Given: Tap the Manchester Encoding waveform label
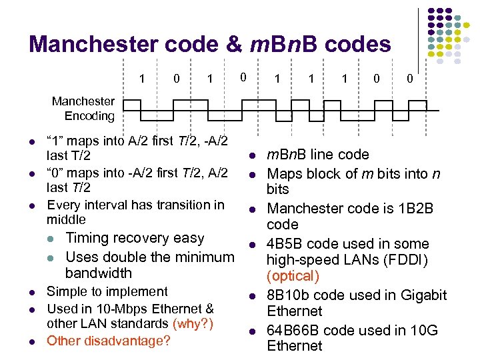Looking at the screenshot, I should [x=83, y=109].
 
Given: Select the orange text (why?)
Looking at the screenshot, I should [x=194, y=323].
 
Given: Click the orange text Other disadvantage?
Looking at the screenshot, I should [x=108, y=341].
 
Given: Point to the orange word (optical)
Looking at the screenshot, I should [x=293, y=275].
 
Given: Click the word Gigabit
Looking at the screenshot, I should [x=421, y=295].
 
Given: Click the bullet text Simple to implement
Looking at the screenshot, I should [x=107, y=291].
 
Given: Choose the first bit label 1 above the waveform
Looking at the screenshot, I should [x=141, y=79].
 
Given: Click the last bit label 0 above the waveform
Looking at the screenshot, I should [x=410, y=79].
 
